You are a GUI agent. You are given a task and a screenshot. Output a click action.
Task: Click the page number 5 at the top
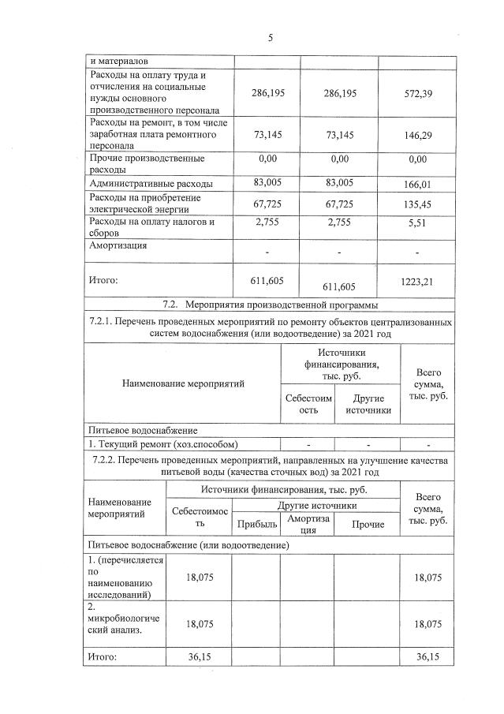pos(270,37)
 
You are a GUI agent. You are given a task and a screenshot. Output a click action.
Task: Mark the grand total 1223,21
pos(416,280)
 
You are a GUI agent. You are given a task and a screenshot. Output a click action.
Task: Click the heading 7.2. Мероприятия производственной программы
pos(269,305)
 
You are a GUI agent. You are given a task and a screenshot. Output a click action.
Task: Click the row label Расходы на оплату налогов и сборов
pos(150,227)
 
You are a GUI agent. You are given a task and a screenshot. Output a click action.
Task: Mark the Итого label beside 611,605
pos(103,279)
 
